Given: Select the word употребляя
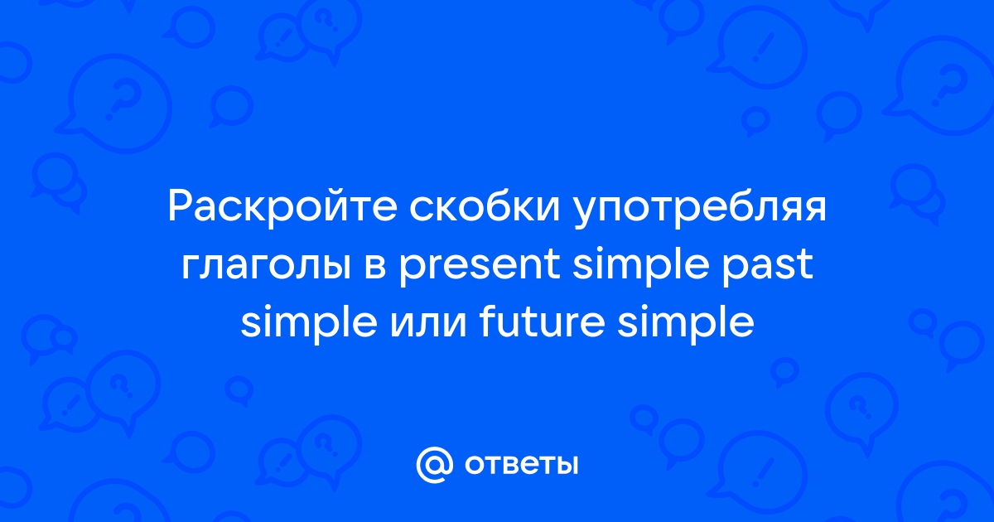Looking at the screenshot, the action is tap(700, 209).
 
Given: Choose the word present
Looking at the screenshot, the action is tap(480, 266).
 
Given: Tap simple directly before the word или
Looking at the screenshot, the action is tap(309, 323).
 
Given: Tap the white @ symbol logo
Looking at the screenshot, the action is tap(434, 465).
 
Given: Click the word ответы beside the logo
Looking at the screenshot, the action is tap(521, 466).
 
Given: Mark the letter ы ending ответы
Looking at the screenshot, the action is tap(567, 466).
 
